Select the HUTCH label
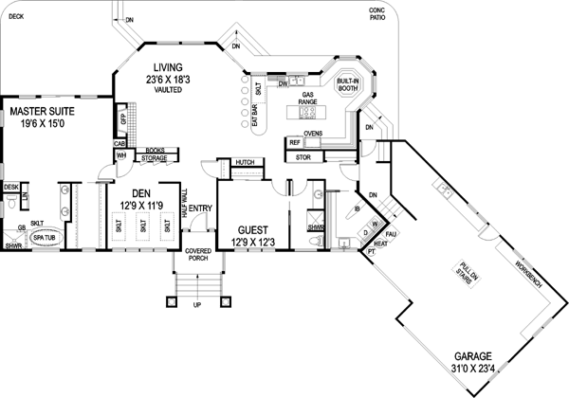[245, 163]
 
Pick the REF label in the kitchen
[295, 142]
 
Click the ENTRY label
[201, 209]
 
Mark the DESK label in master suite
[11, 188]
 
